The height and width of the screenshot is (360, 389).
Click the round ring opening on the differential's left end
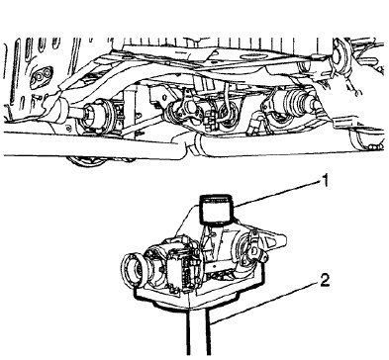[132, 265]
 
